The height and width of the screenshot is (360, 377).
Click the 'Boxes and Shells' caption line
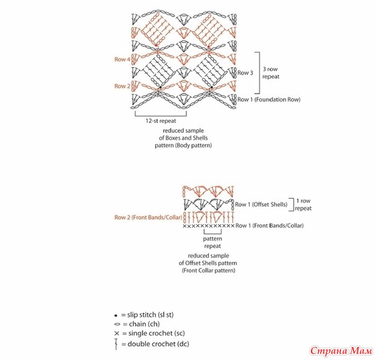187,139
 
